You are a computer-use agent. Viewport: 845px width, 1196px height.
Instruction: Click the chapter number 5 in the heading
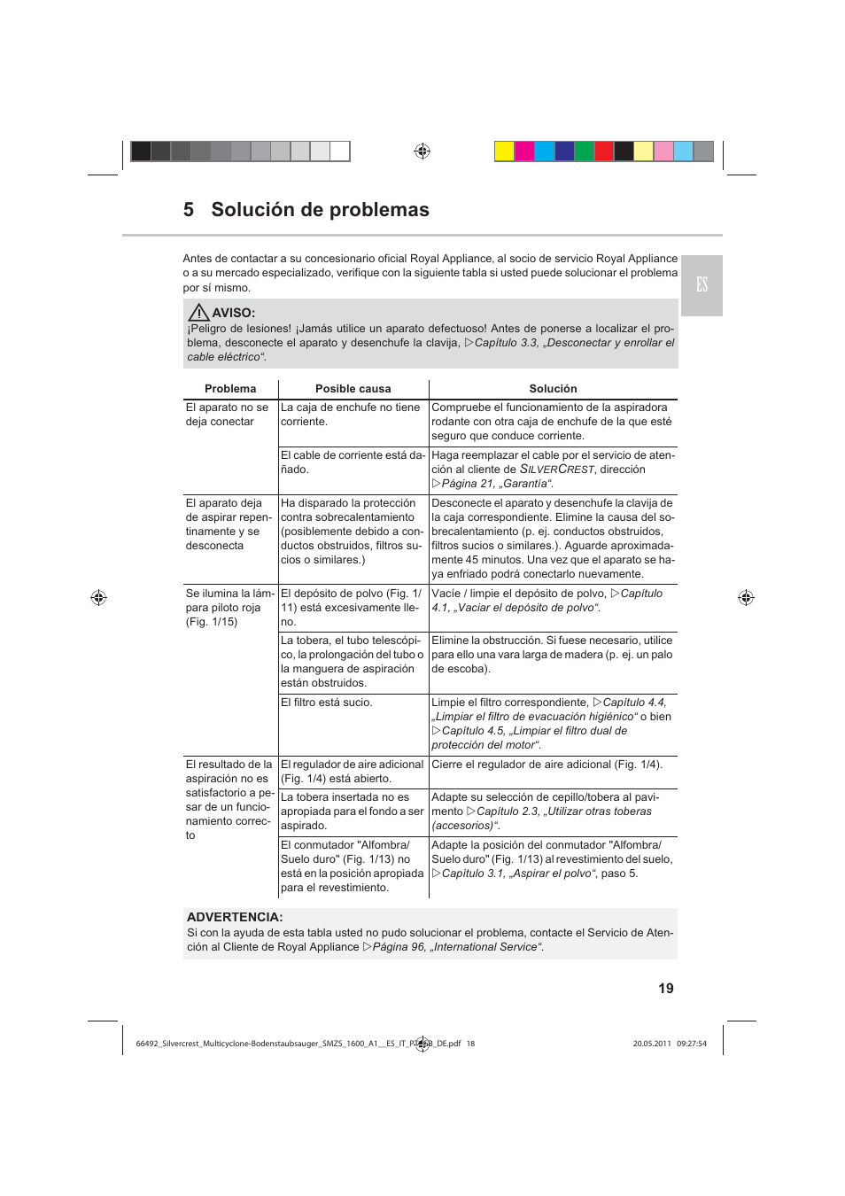tap(189, 210)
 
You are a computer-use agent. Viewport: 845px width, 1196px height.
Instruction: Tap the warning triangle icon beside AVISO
tap(198, 312)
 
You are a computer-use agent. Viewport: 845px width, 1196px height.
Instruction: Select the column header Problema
tap(230, 389)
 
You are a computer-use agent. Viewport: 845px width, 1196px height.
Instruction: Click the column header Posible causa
tap(353, 389)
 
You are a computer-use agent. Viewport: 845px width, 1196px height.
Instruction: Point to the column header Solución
tap(553, 389)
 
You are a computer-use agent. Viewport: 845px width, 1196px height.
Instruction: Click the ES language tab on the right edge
tap(702, 284)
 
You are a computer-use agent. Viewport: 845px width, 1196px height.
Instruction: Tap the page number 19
tap(666, 989)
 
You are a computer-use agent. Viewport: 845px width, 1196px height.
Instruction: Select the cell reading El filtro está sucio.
tap(327, 703)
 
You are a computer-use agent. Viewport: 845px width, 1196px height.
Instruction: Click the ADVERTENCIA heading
tap(235, 917)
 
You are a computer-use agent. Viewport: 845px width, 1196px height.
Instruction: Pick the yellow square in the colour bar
tap(504, 151)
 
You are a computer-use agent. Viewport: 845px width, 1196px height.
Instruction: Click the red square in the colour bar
tap(604, 151)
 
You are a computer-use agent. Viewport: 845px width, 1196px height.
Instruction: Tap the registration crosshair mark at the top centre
tap(422, 151)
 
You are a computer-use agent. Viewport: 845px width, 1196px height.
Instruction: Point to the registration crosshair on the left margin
tap(99, 598)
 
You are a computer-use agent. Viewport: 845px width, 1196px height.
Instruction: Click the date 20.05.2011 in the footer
tap(652, 1044)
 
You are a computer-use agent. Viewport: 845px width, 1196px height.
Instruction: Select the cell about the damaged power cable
tap(353, 462)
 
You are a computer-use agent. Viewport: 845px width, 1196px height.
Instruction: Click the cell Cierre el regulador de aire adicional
tap(547, 765)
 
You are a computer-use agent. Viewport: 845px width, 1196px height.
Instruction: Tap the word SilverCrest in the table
tap(557, 470)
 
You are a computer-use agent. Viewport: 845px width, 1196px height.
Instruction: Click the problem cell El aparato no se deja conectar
tap(227, 415)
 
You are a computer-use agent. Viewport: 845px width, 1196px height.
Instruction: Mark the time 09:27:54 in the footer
tap(692, 1044)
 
